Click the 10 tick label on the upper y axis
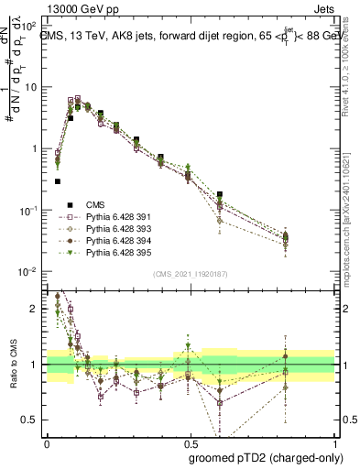[32, 87]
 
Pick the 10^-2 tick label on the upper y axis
[30, 272]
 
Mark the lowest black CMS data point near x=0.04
[58, 181]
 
